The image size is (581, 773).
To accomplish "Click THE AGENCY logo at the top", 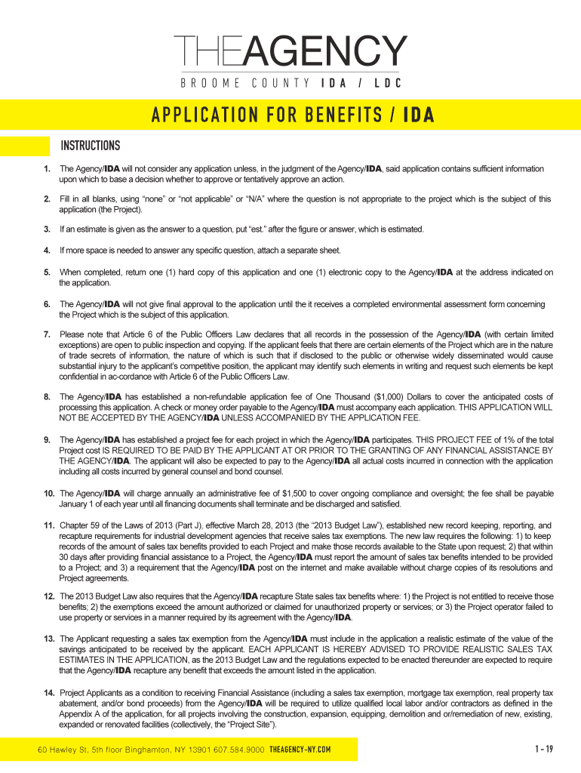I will click(x=290, y=52).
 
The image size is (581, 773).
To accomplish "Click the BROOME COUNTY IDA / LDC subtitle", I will click(x=290, y=83).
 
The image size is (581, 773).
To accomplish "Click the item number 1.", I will click(x=47, y=168).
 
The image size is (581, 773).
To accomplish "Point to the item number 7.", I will click(x=47, y=334).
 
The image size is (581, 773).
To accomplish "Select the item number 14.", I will click(x=48, y=693).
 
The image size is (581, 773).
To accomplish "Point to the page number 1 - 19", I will click(x=543, y=750).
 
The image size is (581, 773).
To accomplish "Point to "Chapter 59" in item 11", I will click(x=80, y=525).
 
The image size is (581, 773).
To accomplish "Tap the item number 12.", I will click(x=48, y=596).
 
